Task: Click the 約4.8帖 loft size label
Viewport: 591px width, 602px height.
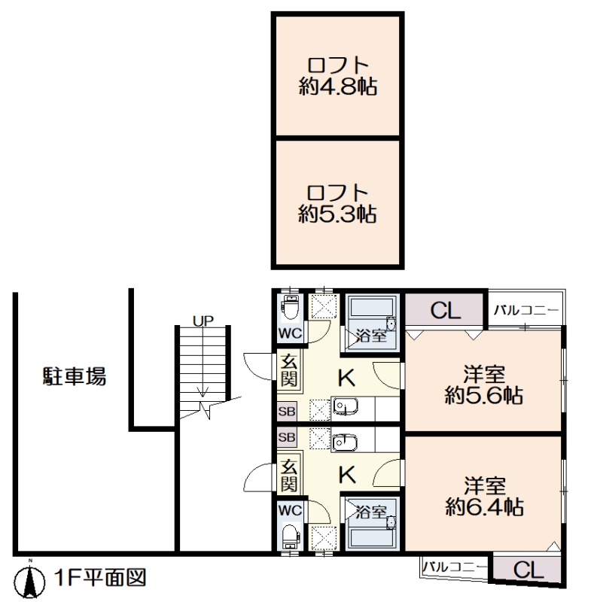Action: pyautogui.click(x=338, y=87)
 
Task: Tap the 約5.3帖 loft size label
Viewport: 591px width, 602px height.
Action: pyautogui.click(x=338, y=214)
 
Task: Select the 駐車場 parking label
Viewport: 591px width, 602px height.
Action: pyautogui.click(x=74, y=376)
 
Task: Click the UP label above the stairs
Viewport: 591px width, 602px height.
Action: pyautogui.click(x=203, y=321)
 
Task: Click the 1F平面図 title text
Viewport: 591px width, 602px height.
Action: pyautogui.click(x=100, y=578)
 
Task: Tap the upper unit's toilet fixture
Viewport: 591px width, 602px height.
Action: pyautogui.click(x=290, y=307)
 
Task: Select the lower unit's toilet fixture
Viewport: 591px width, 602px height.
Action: pyautogui.click(x=290, y=536)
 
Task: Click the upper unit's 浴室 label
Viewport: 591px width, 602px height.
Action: pyautogui.click(x=370, y=336)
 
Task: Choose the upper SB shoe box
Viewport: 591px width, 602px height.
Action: pyautogui.click(x=287, y=412)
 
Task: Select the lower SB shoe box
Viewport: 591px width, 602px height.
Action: pyautogui.click(x=287, y=437)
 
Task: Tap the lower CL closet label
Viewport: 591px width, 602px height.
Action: pyautogui.click(x=529, y=570)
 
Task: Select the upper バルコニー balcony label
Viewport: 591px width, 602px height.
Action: pyautogui.click(x=526, y=310)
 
